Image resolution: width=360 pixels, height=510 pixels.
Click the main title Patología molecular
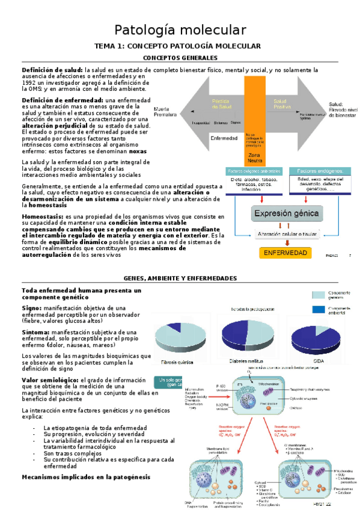point(180,29)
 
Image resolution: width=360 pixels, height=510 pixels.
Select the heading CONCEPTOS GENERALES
point(180,58)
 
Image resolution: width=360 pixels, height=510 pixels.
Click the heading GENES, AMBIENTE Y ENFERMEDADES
point(180,278)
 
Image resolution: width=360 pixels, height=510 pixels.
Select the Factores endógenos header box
point(319,171)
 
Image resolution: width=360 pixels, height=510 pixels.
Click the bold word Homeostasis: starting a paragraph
point(42,216)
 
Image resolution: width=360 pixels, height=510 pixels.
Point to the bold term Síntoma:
point(35,332)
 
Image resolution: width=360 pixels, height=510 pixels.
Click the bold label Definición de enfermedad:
point(63,100)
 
